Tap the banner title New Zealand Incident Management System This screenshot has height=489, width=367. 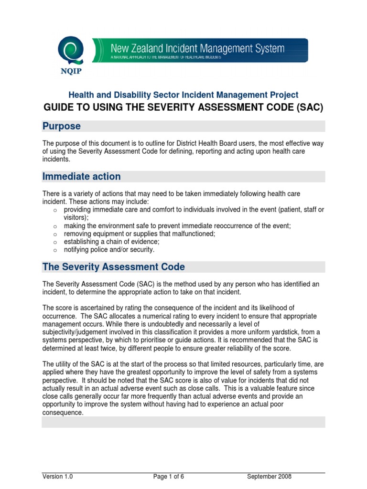(x=197, y=48)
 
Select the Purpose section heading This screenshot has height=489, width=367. (x=62, y=126)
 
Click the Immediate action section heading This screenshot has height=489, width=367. (x=82, y=176)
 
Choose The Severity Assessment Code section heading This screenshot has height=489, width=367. (x=114, y=266)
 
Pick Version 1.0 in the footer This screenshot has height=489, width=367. (x=57, y=477)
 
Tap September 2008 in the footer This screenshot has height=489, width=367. (x=269, y=477)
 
